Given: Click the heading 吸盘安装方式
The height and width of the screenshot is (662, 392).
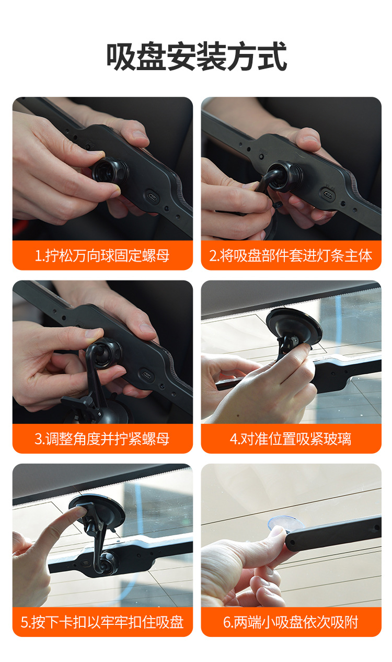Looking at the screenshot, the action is [197, 56].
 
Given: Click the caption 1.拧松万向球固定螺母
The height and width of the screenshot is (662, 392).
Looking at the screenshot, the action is [102, 255].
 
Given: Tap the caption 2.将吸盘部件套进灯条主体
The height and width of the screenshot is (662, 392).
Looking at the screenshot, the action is [291, 255].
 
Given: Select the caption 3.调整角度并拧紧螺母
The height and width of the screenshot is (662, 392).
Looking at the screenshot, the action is [102, 439].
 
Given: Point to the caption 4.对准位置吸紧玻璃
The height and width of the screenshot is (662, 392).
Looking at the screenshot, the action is [291, 439].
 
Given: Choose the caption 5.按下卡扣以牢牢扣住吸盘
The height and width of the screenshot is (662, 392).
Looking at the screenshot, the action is [102, 622].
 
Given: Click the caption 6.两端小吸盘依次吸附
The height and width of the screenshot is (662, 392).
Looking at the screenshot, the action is [291, 622].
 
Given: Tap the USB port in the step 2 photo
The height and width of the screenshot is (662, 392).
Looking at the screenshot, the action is [328, 195].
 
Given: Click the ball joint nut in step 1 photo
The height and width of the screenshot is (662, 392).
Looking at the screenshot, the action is [110, 172].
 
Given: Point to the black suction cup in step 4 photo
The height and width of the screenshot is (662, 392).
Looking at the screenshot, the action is [294, 326].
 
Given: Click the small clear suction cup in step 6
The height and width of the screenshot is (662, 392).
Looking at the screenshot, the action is [285, 525].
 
